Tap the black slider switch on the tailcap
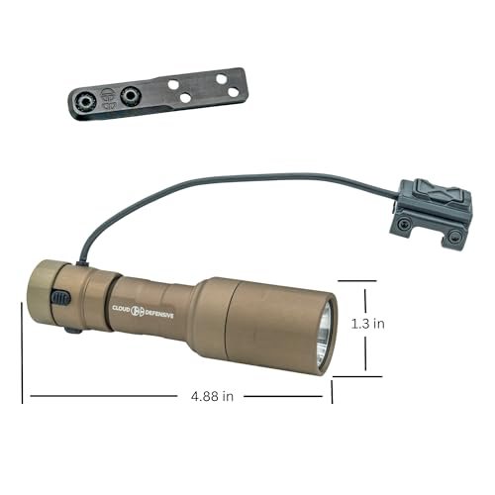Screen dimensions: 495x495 [60, 297]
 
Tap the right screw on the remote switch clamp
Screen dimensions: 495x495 [454, 237]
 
